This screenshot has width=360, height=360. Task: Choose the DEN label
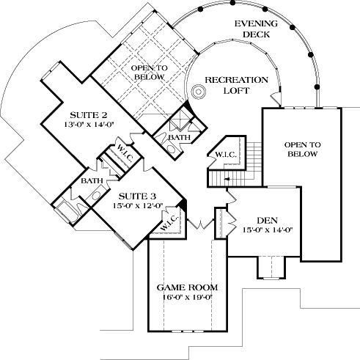(x=266, y=220)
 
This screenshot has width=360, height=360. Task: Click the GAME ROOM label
(x=185, y=287)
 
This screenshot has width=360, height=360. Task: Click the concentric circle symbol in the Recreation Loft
(x=196, y=92)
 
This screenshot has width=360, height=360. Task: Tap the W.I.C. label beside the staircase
(x=225, y=154)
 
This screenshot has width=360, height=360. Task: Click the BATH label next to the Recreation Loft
(x=178, y=137)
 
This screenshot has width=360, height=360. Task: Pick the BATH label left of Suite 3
(x=91, y=180)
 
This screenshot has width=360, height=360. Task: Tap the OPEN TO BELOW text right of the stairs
(x=301, y=150)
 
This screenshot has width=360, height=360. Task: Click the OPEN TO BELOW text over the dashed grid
(x=150, y=71)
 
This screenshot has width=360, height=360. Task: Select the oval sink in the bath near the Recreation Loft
(x=170, y=150)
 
